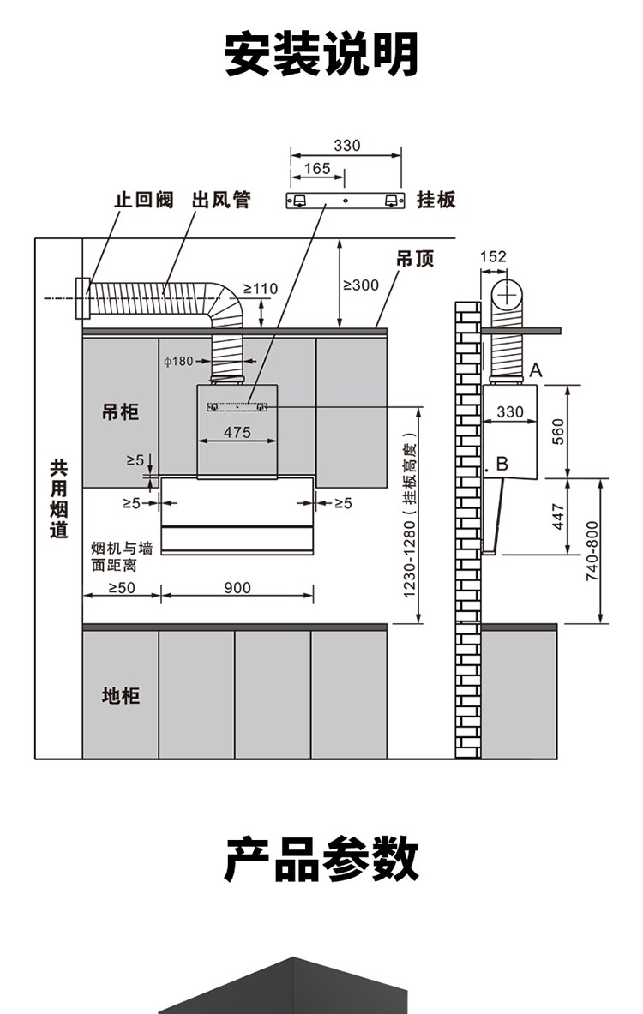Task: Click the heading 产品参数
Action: point(321,860)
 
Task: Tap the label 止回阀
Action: point(144,201)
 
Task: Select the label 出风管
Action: point(221,201)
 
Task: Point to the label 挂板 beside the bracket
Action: point(436,200)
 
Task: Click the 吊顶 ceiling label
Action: point(415,258)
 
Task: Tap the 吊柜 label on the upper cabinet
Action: point(120,412)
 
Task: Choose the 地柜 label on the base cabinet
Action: point(120,694)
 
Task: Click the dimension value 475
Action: point(237,432)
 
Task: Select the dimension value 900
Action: point(237,587)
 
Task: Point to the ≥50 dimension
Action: point(123,587)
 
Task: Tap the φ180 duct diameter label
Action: point(178,361)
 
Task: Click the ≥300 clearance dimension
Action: point(360,285)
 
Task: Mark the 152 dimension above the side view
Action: point(493,256)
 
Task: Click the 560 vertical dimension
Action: point(557,430)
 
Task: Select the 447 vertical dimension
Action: point(557,516)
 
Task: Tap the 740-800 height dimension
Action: point(592,551)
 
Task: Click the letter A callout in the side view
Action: point(537,369)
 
